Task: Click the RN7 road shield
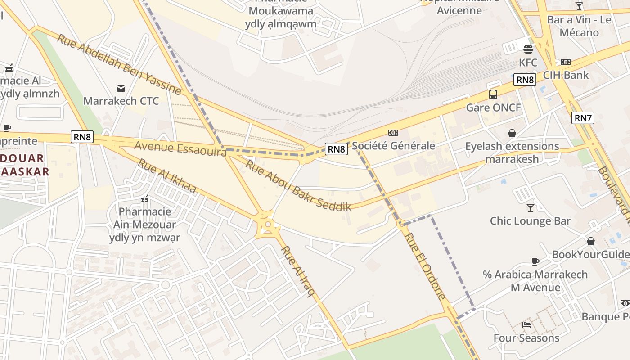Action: (x=583, y=118)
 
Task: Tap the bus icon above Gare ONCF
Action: (x=493, y=94)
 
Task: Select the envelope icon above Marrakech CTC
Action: (x=121, y=88)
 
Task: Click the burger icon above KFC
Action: (x=528, y=49)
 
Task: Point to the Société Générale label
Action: (x=393, y=145)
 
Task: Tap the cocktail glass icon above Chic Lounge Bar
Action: (x=531, y=207)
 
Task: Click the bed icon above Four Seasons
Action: (x=526, y=324)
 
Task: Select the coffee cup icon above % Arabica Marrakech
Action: (x=535, y=261)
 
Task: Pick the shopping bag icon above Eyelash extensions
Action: (x=512, y=133)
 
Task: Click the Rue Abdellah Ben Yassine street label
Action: (x=119, y=64)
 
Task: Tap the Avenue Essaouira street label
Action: (x=180, y=148)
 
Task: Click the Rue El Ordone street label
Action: (x=425, y=266)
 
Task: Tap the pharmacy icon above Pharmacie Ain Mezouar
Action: (x=145, y=198)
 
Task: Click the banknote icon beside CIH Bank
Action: (x=565, y=62)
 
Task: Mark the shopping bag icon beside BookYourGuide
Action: (x=590, y=242)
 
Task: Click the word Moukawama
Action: (x=281, y=11)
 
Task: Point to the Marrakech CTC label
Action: (x=121, y=101)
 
